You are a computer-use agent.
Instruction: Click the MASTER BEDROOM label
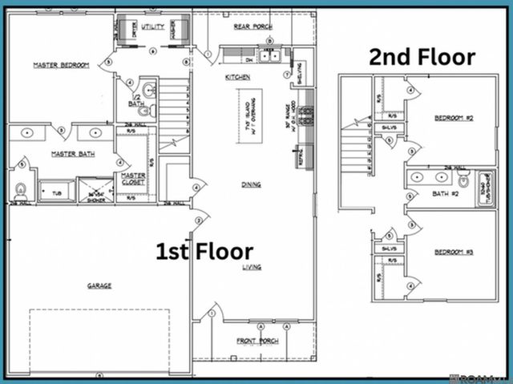click(x=60, y=65)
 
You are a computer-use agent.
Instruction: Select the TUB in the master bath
click(x=56, y=193)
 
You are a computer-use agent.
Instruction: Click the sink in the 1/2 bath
click(x=149, y=90)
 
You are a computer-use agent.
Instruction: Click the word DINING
click(x=251, y=184)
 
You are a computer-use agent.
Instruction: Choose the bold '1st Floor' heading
click(x=204, y=252)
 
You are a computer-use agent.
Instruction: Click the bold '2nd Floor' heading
click(x=422, y=57)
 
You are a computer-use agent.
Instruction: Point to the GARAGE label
click(x=99, y=285)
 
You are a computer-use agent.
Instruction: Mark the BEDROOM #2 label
click(x=454, y=118)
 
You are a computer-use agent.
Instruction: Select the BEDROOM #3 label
click(x=454, y=253)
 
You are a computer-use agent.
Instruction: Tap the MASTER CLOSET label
click(x=132, y=179)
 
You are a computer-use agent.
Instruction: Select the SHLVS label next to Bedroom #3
click(x=390, y=249)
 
